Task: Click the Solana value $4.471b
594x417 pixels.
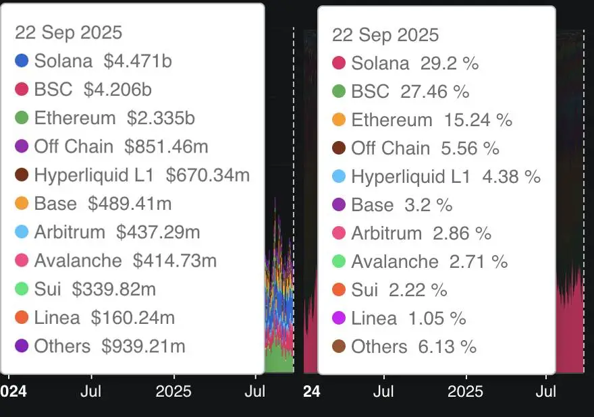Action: pos(138,61)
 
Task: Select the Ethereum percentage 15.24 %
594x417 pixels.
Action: pos(478,120)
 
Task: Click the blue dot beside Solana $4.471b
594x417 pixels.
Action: pos(22,61)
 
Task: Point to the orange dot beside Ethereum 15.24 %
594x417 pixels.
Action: pos(339,120)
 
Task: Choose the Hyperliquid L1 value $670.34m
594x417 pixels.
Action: pos(208,175)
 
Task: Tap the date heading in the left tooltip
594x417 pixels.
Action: pos(69,32)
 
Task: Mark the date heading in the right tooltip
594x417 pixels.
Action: pos(385,35)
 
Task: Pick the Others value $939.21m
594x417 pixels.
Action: pos(143,346)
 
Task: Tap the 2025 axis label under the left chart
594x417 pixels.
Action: pos(173,391)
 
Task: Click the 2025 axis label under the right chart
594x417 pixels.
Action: pos(465,391)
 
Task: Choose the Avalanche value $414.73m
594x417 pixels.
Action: pos(175,260)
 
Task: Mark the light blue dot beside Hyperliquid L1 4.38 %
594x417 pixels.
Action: pos(339,177)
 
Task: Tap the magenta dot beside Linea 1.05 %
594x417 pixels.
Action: pos(339,318)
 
